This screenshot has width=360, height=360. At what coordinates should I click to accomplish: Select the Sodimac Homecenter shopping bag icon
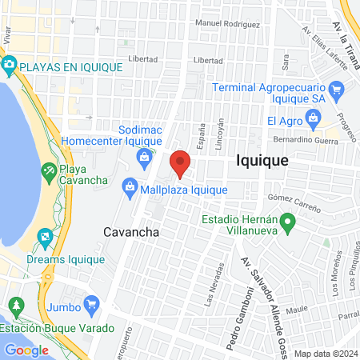pyautogui.click(x=144, y=155)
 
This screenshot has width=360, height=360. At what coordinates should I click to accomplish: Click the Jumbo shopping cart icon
pyautogui.click(x=91, y=304)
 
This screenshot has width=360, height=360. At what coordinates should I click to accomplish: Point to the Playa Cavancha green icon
pyautogui.click(x=50, y=170)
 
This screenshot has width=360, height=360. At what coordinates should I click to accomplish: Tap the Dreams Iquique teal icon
pyautogui.click(x=46, y=237)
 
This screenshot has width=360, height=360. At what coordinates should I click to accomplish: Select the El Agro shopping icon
pyautogui.click(x=314, y=122)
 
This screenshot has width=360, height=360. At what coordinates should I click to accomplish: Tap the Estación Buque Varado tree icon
pyautogui.click(x=15, y=306)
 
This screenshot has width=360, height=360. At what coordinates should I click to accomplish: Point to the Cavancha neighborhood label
pyautogui.click(x=131, y=232)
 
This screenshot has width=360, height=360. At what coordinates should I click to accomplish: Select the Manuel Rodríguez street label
pyautogui.click(x=227, y=24)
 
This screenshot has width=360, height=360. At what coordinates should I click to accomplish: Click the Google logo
pyautogui.click(x=26, y=350)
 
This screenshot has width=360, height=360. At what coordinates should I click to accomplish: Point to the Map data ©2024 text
pyautogui.click(x=325, y=354)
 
